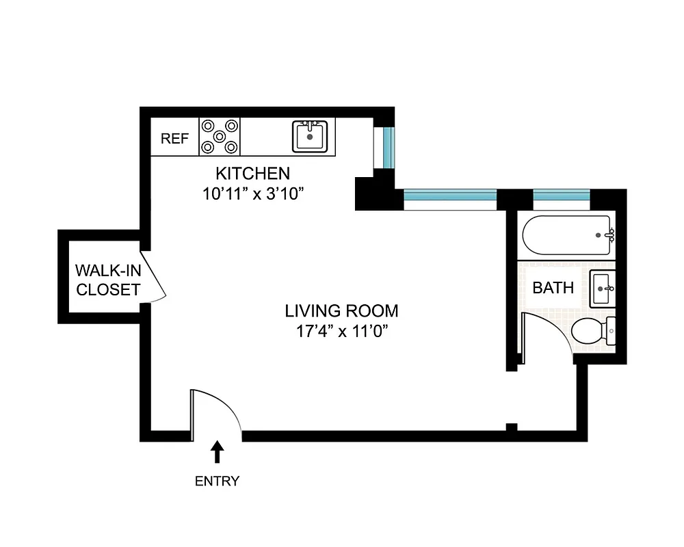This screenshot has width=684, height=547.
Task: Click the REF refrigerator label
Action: tap(174, 139)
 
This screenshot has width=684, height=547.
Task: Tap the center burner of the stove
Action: tap(220, 136)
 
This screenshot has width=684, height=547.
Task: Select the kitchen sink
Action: tap(311, 136)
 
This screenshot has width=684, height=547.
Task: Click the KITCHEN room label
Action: tap(253, 172)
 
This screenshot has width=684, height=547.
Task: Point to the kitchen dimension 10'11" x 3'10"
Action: tap(253, 194)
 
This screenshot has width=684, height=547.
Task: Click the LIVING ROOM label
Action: tap(341, 311)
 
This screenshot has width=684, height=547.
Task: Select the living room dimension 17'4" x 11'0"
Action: tap(341, 332)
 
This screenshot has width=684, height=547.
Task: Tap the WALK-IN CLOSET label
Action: tap(108, 279)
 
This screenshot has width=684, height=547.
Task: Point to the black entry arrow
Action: tap(218, 451)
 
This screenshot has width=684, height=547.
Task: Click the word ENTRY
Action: tap(218, 481)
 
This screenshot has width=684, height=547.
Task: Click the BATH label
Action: tap(553, 288)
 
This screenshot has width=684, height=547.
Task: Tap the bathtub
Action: tap(566, 236)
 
